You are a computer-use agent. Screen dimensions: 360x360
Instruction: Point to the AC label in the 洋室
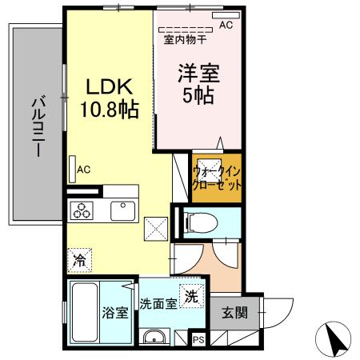(x=226, y=25)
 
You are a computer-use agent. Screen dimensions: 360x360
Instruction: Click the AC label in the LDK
(x=85, y=169)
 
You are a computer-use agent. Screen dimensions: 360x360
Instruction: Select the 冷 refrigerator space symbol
(x=79, y=259)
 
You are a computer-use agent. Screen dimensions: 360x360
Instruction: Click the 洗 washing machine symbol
(x=191, y=295)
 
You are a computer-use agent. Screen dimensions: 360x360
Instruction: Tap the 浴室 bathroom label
(x=114, y=313)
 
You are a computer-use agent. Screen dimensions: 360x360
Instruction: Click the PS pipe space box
(x=198, y=341)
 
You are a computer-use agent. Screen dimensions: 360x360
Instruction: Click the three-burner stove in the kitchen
(x=82, y=211)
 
